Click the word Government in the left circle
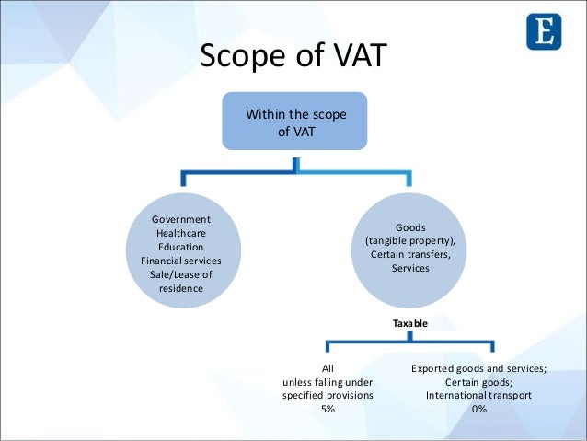[x=180, y=219]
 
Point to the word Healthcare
[x=180, y=233]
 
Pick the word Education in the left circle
[x=180, y=247]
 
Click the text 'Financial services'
[x=180, y=261]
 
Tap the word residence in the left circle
[x=180, y=288]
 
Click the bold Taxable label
[x=410, y=324]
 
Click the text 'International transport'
[x=478, y=394]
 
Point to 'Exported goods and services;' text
[x=478, y=367]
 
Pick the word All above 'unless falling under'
[x=328, y=367]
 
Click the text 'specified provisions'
[x=328, y=394]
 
